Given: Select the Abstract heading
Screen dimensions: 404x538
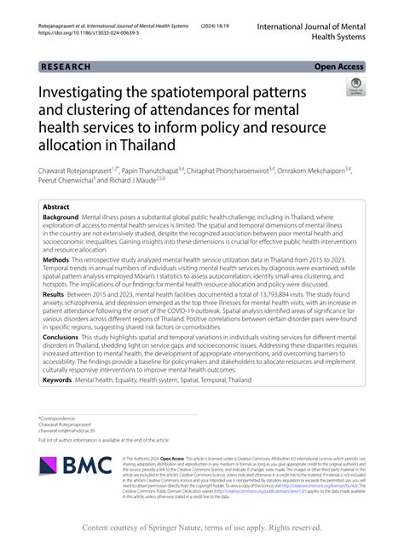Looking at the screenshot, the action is click(x=57, y=207).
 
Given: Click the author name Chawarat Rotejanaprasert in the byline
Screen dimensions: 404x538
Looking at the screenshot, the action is click(x=81, y=171).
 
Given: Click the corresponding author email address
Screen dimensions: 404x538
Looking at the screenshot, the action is click(x=70, y=430).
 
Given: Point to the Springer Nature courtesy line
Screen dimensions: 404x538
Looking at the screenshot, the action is click(x=201, y=527).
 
